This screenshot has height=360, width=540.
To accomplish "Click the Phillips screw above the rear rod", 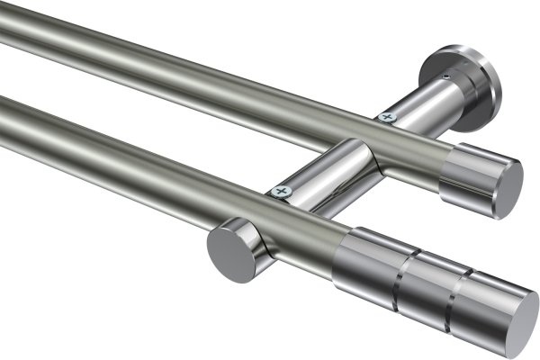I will (x=387, y=116).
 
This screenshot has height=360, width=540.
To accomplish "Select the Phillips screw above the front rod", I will (x=282, y=191).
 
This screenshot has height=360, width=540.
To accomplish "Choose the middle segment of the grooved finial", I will (x=427, y=288).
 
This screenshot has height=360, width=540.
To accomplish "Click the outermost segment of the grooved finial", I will (x=486, y=306).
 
